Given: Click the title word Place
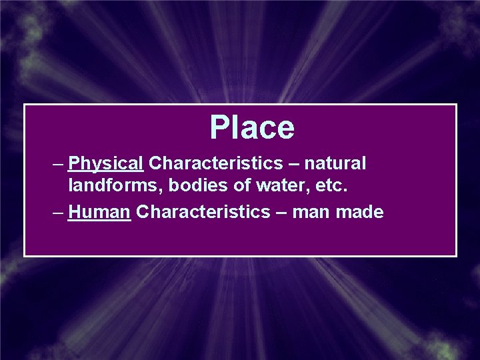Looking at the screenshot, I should click(x=252, y=127).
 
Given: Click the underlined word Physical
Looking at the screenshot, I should click(x=106, y=163).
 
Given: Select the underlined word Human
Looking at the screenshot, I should click(x=99, y=212).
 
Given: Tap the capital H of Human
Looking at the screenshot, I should click(x=73, y=212).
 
